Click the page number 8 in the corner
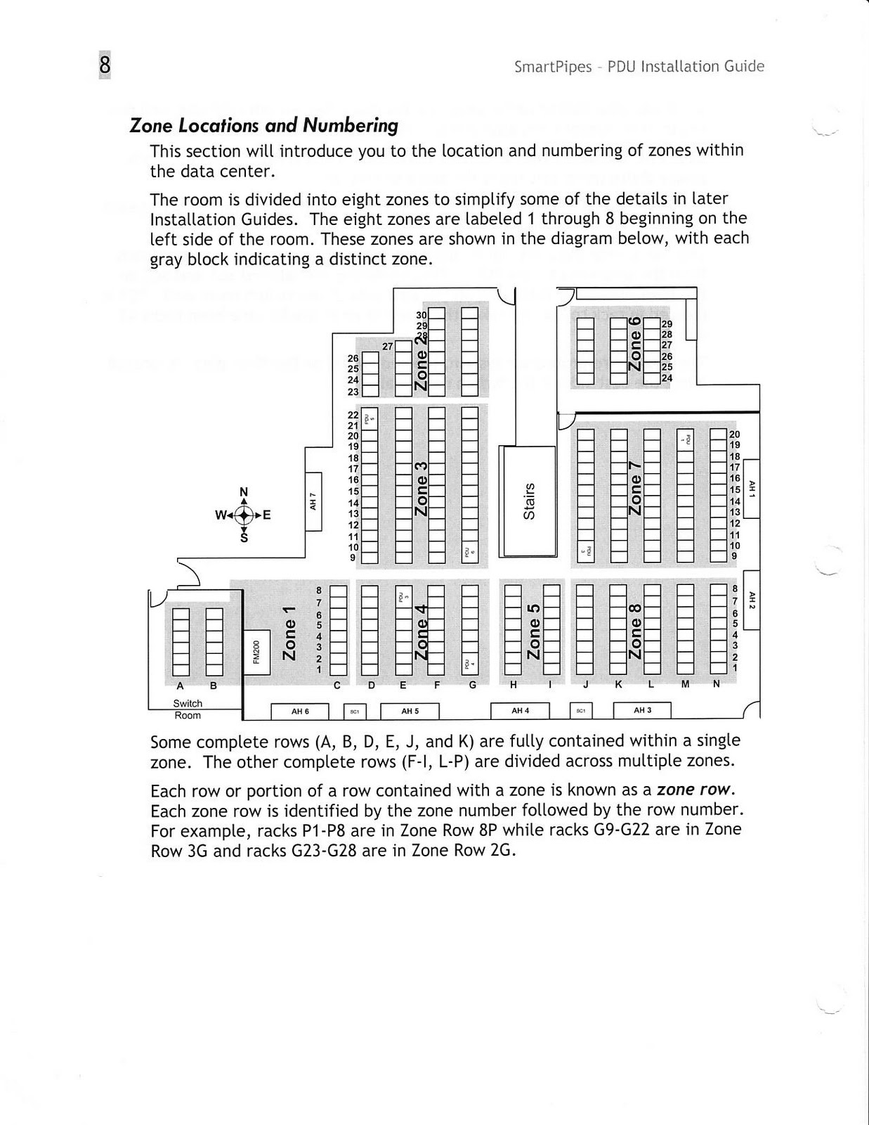105,65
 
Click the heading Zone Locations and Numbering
264,126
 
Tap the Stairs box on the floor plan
528,500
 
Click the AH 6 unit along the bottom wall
300,712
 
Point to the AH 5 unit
410,712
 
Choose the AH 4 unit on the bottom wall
520,711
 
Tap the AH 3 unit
642,710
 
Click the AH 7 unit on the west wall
313,501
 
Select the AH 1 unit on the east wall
751,488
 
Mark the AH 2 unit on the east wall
751,600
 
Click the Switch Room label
188,709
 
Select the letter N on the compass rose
244,491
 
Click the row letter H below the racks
514,685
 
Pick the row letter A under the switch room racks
180,686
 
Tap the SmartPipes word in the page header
553,67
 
